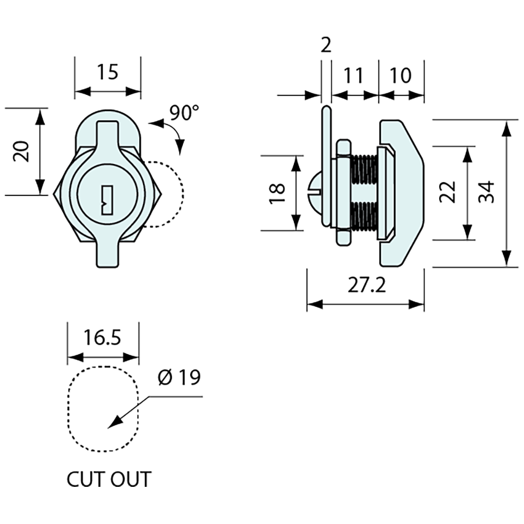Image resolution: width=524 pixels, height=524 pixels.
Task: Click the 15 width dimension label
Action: coord(108,72)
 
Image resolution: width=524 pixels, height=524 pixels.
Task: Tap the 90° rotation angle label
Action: coord(184,112)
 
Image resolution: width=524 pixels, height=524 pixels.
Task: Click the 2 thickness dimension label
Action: coord(326,46)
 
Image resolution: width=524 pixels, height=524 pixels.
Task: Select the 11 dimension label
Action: coord(353,75)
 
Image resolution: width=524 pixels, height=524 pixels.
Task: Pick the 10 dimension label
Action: coord(401,75)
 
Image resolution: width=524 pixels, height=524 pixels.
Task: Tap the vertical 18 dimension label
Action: coord(277,193)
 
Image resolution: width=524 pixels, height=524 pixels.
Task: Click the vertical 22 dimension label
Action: coord(448,192)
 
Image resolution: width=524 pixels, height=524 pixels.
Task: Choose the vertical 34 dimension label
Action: coord(486,192)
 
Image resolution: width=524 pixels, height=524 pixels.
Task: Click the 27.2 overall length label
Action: coord(366,286)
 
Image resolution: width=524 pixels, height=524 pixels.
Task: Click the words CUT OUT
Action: coord(109,479)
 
